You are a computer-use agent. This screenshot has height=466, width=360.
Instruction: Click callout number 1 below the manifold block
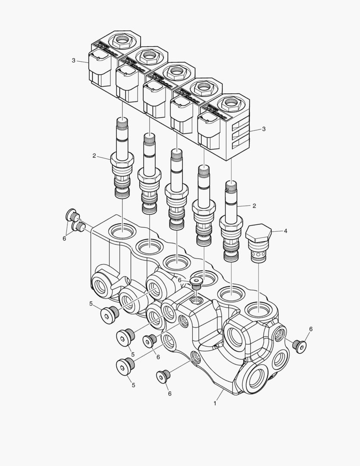(x=215, y=403)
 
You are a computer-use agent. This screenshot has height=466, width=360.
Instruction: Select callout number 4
(x=285, y=231)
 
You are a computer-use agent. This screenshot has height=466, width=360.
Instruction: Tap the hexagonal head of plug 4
(x=258, y=233)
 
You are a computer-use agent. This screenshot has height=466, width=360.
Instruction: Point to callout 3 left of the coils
(x=74, y=60)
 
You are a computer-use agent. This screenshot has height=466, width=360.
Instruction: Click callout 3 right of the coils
(x=264, y=129)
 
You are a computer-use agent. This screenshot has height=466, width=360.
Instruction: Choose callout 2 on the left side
(x=94, y=156)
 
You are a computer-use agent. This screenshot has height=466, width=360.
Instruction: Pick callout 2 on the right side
(x=254, y=206)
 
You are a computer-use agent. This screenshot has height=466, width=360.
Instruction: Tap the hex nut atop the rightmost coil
(x=229, y=104)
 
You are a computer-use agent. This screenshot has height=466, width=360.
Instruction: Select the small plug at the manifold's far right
(x=299, y=345)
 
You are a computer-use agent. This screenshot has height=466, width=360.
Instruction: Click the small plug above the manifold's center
(x=197, y=282)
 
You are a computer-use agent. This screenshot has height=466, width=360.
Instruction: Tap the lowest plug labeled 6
(x=163, y=377)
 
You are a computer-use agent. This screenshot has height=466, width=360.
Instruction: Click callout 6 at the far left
(x=64, y=238)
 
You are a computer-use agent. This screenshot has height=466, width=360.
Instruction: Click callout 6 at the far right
(x=310, y=329)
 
